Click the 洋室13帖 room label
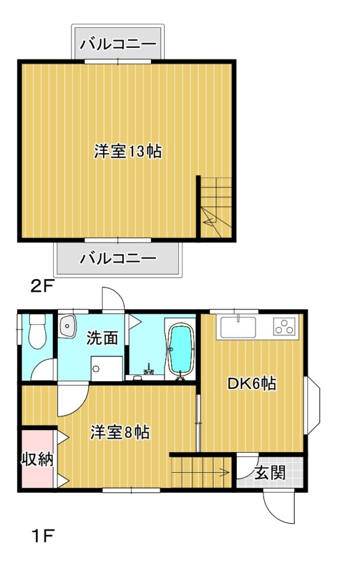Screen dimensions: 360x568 click(x=128, y=151)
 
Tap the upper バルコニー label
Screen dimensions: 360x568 click(x=118, y=44)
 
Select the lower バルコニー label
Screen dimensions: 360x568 click(x=118, y=258)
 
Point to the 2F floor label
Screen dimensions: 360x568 click(x=42, y=288)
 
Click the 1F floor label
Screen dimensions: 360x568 click(x=42, y=536)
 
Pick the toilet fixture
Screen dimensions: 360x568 click(x=37, y=331)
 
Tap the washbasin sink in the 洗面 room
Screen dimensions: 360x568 click(x=67, y=325)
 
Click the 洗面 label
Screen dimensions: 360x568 click(x=102, y=338)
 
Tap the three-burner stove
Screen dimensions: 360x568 click(x=285, y=326)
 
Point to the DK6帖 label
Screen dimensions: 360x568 click(x=252, y=384)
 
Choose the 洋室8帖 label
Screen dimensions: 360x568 click(x=119, y=432)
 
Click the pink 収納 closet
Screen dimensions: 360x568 click(x=38, y=459)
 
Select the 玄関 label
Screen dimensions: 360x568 click(x=270, y=473)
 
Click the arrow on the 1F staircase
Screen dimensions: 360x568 click(x=200, y=472)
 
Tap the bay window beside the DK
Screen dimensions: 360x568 click(x=313, y=404)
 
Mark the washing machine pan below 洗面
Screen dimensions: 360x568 click(x=107, y=369)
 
